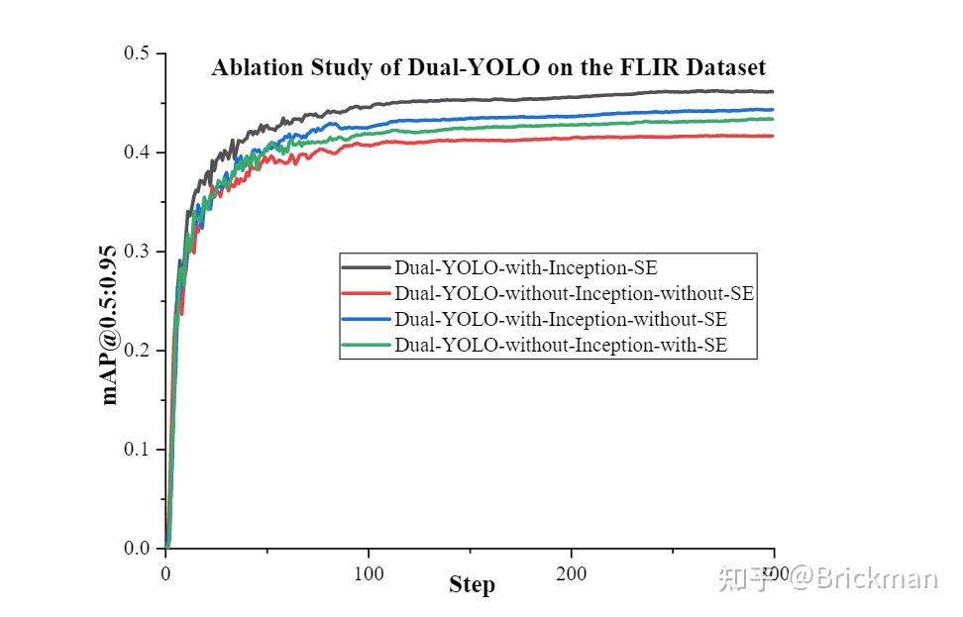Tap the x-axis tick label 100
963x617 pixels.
pos(369,573)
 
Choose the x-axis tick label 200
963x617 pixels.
pos(571,573)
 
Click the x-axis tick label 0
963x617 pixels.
pos(165,573)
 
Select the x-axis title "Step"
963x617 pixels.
pos(472,585)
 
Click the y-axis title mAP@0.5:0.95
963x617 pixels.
pos(110,324)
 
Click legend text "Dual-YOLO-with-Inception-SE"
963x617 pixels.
pos(525,267)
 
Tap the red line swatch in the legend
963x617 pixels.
pos(367,294)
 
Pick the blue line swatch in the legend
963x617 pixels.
pos(367,320)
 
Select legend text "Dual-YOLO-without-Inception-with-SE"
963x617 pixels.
pos(561,346)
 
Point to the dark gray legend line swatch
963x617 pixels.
pos(367,267)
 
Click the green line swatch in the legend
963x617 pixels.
pos(367,346)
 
